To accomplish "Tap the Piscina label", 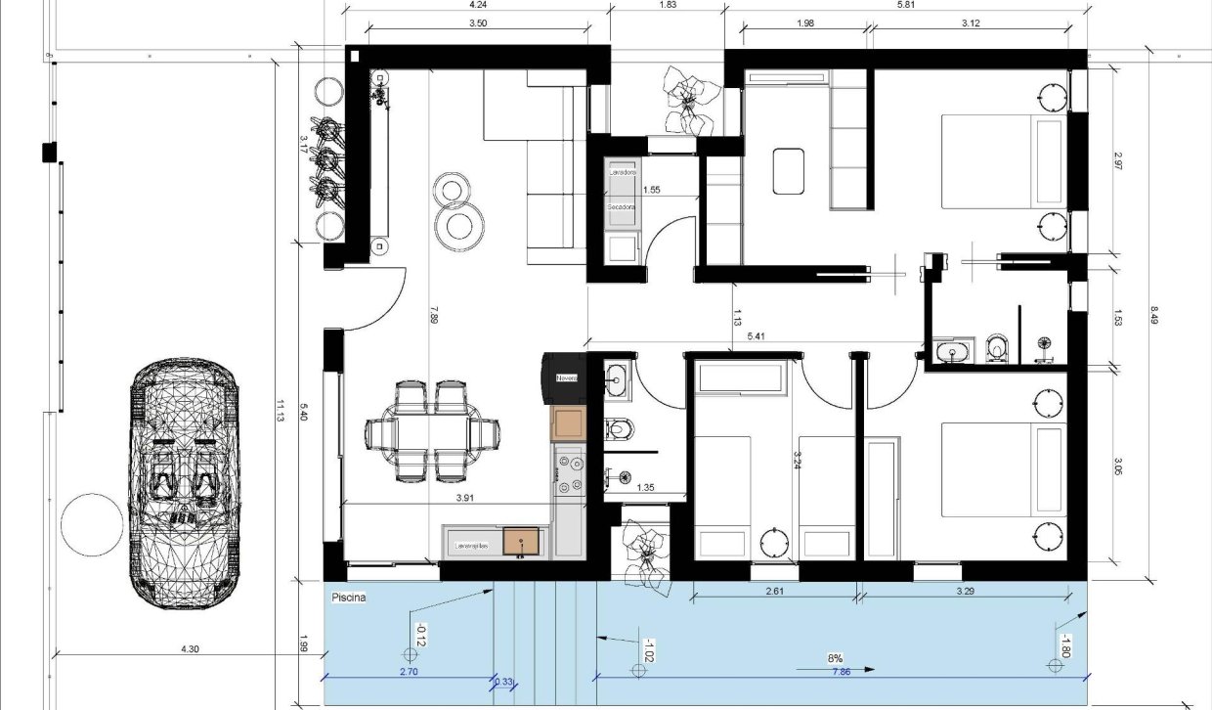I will pyautogui.click(x=349, y=597).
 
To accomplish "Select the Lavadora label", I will pyautogui.click(x=622, y=172).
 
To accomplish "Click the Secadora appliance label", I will pyautogui.click(x=622, y=207).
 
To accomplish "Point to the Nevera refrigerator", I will pyautogui.click(x=566, y=377).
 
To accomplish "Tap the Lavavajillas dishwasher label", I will pyautogui.click(x=472, y=539).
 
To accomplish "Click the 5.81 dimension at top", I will pyautogui.click(x=905, y=5).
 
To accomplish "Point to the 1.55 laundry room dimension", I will pyautogui.click(x=652, y=190).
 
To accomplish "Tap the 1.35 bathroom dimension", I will pyautogui.click(x=646, y=486).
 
